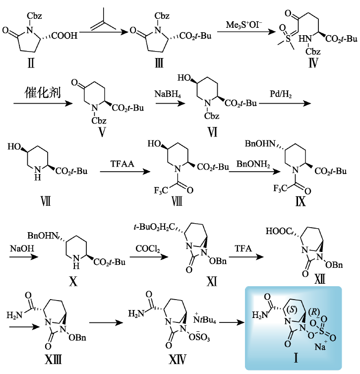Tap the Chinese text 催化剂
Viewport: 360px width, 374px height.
point(37,92)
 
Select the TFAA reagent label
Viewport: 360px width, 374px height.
point(117,162)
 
